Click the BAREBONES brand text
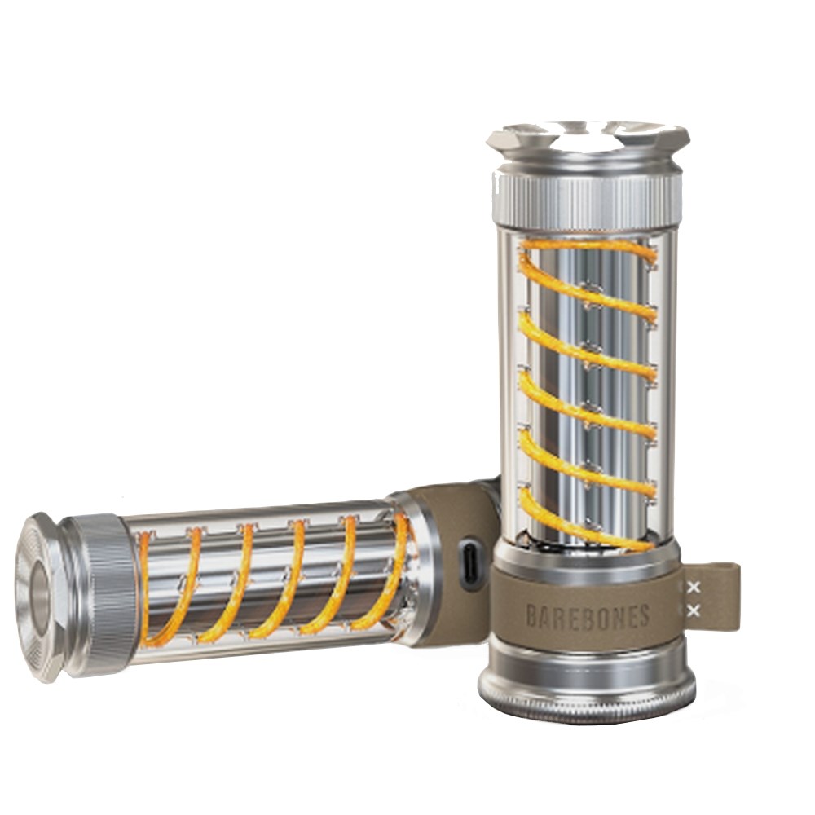click(x=588, y=617)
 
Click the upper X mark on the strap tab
click(x=693, y=588)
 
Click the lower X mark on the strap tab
click(x=693, y=611)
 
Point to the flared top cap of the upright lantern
click(x=588, y=140)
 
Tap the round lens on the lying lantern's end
click(x=38, y=594)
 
